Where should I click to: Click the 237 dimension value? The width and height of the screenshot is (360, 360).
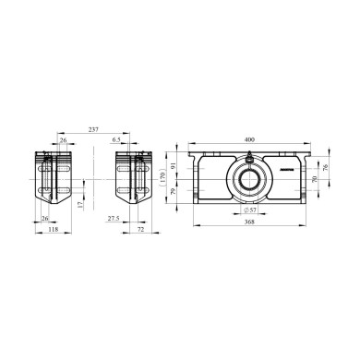pyautogui.click(x=94, y=129)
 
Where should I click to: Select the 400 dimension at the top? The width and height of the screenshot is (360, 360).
pyautogui.click(x=248, y=139)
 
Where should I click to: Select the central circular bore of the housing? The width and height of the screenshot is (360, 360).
pyautogui.click(x=250, y=179)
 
